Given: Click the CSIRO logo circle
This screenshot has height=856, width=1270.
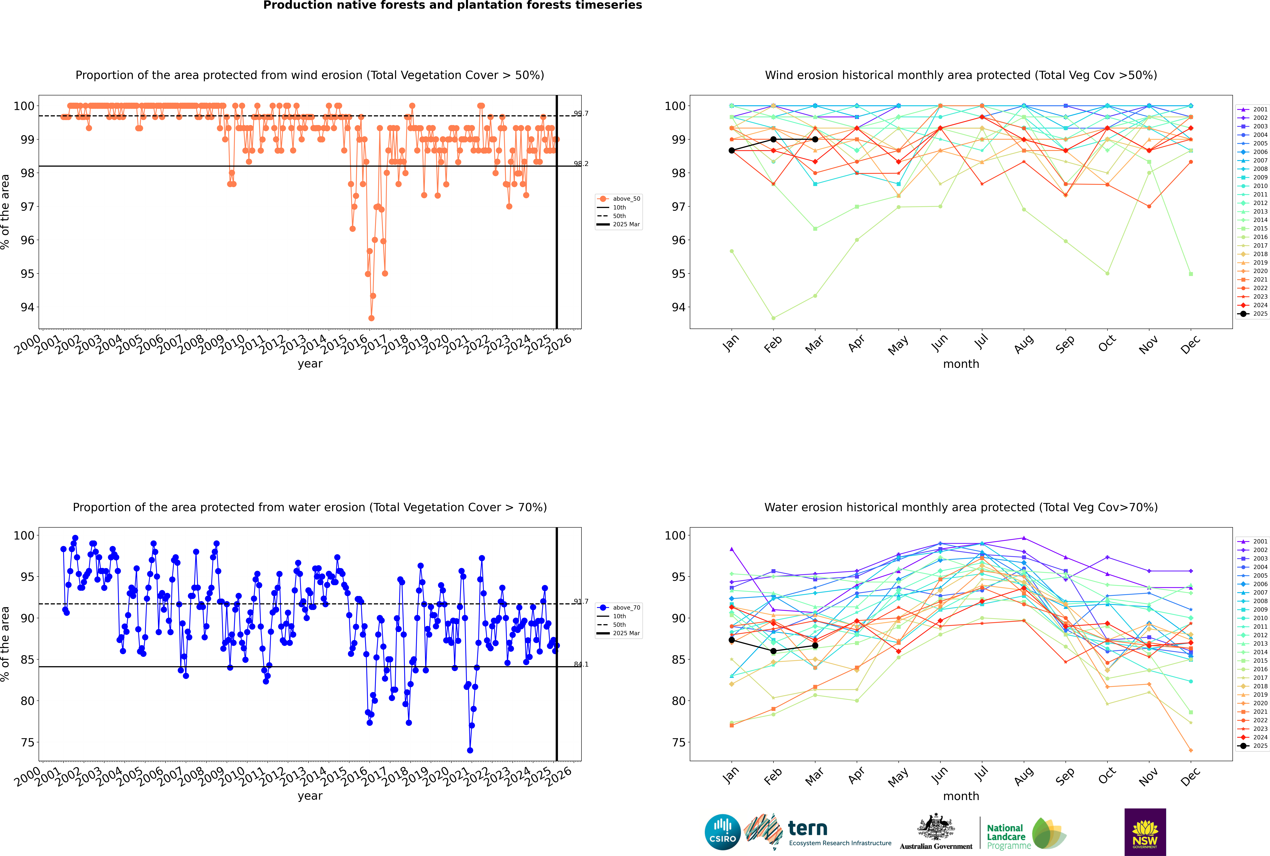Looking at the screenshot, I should pyautogui.click(x=722, y=832).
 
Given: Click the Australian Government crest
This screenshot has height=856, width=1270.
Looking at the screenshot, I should pyautogui.click(x=936, y=827).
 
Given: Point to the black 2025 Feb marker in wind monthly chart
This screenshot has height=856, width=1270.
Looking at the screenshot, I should pyautogui.click(x=773, y=139).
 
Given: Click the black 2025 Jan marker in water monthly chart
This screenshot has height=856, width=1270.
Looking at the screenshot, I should pyautogui.click(x=732, y=640).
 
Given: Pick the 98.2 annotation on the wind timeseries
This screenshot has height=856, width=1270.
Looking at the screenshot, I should pyautogui.click(x=581, y=164).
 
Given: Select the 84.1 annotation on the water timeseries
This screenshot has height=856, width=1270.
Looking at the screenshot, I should pyautogui.click(x=581, y=664).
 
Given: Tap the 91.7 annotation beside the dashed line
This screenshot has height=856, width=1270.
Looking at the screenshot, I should pyautogui.click(x=581, y=602).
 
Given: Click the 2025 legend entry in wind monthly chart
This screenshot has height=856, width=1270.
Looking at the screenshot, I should pyautogui.click(x=1256, y=314).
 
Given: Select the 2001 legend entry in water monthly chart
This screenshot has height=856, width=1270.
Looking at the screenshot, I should pyautogui.click(x=1256, y=542).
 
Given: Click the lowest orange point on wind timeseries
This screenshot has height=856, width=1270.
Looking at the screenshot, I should pyautogui.click(x=371, y=318).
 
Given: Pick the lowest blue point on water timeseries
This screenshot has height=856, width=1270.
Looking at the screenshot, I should pyautogui.click(x=470, y=751).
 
